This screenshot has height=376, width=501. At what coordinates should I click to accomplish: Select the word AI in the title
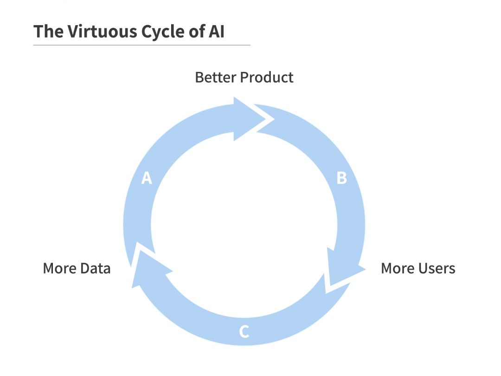(216, 32)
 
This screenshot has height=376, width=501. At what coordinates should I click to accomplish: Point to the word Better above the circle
(216, 78)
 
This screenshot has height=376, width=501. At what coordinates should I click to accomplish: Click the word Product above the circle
(266, 78)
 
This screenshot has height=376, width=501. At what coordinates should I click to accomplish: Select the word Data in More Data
(95, 268)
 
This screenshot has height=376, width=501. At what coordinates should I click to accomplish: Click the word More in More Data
(60, 268)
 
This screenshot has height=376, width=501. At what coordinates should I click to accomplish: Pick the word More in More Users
(398, 268)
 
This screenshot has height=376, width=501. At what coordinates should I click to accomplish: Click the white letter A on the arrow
(147, 178)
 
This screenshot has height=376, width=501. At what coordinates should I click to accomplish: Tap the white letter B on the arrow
(341, 178)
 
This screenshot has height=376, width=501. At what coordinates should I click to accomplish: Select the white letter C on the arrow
(244, 331)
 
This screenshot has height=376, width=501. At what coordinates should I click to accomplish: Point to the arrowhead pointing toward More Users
(343, 267)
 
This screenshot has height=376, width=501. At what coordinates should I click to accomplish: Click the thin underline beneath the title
(142, 45)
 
